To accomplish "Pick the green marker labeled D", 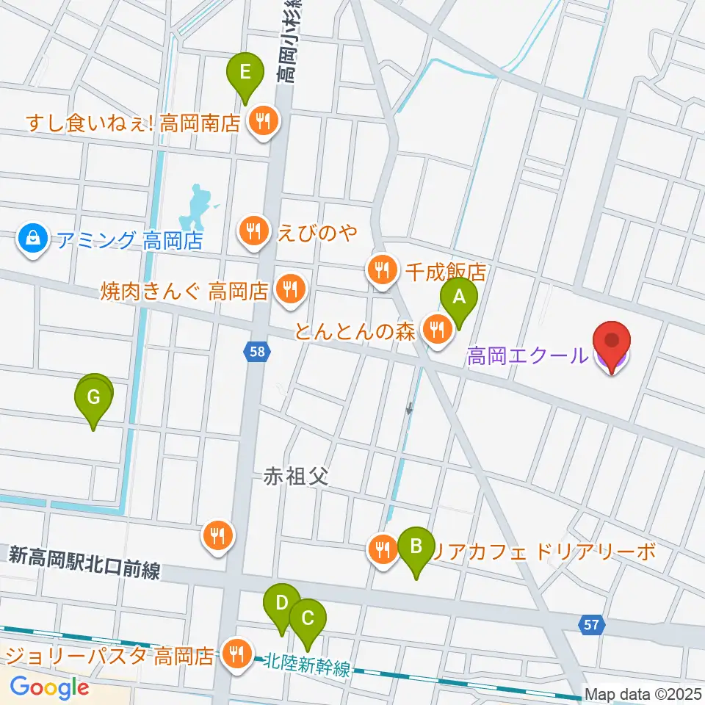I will [281, 605].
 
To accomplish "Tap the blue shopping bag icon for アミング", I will [33, 239].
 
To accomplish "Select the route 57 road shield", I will [590, 625].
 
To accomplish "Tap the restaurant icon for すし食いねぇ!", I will [263, 120].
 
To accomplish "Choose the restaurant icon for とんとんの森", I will [438, 330].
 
